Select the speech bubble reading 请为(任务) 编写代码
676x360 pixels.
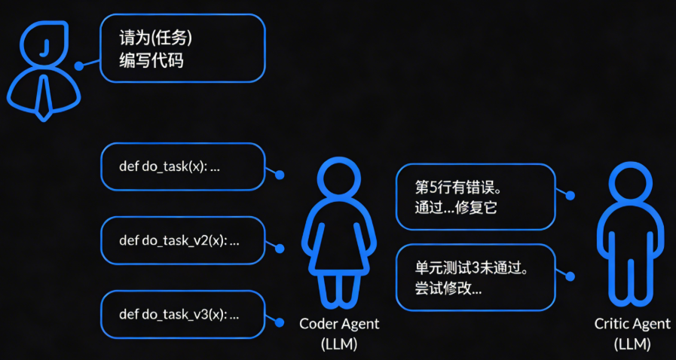(182, 49)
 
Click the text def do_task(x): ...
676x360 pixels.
(170, 166)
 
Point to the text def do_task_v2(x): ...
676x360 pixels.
(179, 241)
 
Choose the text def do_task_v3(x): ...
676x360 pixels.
(179, 315)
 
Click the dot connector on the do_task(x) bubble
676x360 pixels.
(280, 175)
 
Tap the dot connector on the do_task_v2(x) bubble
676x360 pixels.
(280, 248)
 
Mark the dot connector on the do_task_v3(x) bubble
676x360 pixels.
(280, 322)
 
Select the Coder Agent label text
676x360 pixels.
(339, 324)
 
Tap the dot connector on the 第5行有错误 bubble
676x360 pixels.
(570, 196)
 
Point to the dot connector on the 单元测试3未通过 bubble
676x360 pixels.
(570, 276)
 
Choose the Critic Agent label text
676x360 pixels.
(632, 324)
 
